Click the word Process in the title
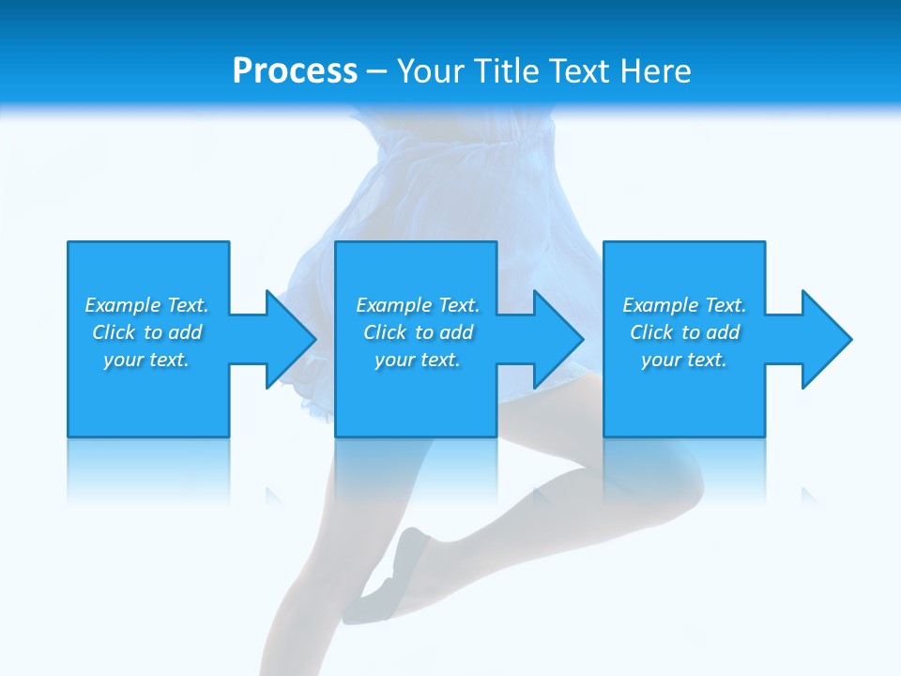pos(295,71)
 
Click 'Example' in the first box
pos(122,305)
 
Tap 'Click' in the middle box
pos(385,332)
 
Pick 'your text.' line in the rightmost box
pos(684,360)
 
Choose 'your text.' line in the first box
pos(146,360)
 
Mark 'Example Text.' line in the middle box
pos(418,305)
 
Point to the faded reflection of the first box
pos(148,469)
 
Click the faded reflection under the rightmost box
pos(684,469)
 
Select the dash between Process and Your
pos(377,71)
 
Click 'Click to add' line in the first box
pos(147,332)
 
